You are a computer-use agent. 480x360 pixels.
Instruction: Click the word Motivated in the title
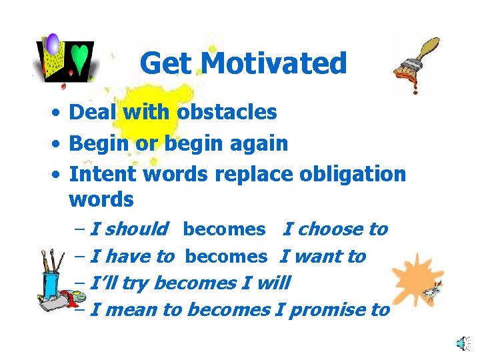pyautogui.click(x=273, y=64)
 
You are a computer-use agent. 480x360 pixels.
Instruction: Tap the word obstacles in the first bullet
pyautogui.click(x=227, y=112)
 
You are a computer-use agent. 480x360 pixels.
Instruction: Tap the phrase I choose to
pyautogui.click(x=335, y=229)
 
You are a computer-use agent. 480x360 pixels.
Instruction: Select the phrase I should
pyautogui.click(x=128, y=229)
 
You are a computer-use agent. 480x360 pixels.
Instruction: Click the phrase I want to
pyautogui.click(x=323, y=256)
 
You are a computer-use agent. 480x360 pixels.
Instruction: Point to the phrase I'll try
pyautogui.click(x=118, y=283)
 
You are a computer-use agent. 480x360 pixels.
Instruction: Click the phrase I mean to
pyautogui.click(x=136, y=310)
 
